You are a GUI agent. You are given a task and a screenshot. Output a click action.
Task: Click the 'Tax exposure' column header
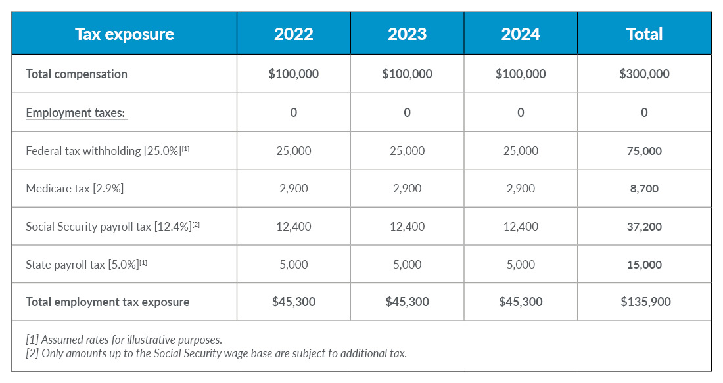(x=124, y=34)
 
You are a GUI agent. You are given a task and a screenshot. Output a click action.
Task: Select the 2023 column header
(x=407, y=34)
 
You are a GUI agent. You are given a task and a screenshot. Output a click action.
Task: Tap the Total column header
(x=644, y=34)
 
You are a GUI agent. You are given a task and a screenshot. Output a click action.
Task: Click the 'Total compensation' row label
(x=76, y=74)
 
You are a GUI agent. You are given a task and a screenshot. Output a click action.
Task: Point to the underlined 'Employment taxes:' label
(x=76, y=112)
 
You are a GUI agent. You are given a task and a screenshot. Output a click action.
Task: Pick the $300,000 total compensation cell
(x=644, y=74)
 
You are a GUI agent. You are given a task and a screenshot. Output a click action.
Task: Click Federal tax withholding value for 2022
(x=293, y=151)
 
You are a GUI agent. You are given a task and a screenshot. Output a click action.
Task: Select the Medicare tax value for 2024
(x=521, y=189)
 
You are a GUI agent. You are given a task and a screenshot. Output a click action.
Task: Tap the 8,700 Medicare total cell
(x=644, y=189)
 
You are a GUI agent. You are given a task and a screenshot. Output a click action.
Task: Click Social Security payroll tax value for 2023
(x=407, y=227)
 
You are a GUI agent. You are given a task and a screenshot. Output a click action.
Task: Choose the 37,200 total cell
(x=644, y=227)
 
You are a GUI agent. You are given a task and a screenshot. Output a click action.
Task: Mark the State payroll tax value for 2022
(x=293, y=265)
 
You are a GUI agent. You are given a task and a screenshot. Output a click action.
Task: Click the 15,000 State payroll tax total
(x=644, y=265)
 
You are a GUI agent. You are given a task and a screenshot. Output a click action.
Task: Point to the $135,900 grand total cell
(x=644, y=302)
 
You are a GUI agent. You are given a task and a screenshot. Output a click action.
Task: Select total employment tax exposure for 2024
(x=521, y=302)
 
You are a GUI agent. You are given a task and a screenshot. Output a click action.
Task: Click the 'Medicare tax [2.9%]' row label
(x=74, y=189)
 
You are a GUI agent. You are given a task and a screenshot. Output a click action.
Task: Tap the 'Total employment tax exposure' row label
(x=107, y=302)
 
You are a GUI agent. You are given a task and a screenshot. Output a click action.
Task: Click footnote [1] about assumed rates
(x=124, y=340)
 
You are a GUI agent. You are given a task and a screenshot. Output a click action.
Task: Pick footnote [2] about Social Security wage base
(x=216, y=353)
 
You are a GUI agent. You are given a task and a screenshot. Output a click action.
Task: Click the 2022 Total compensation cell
(x=293, y=74)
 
